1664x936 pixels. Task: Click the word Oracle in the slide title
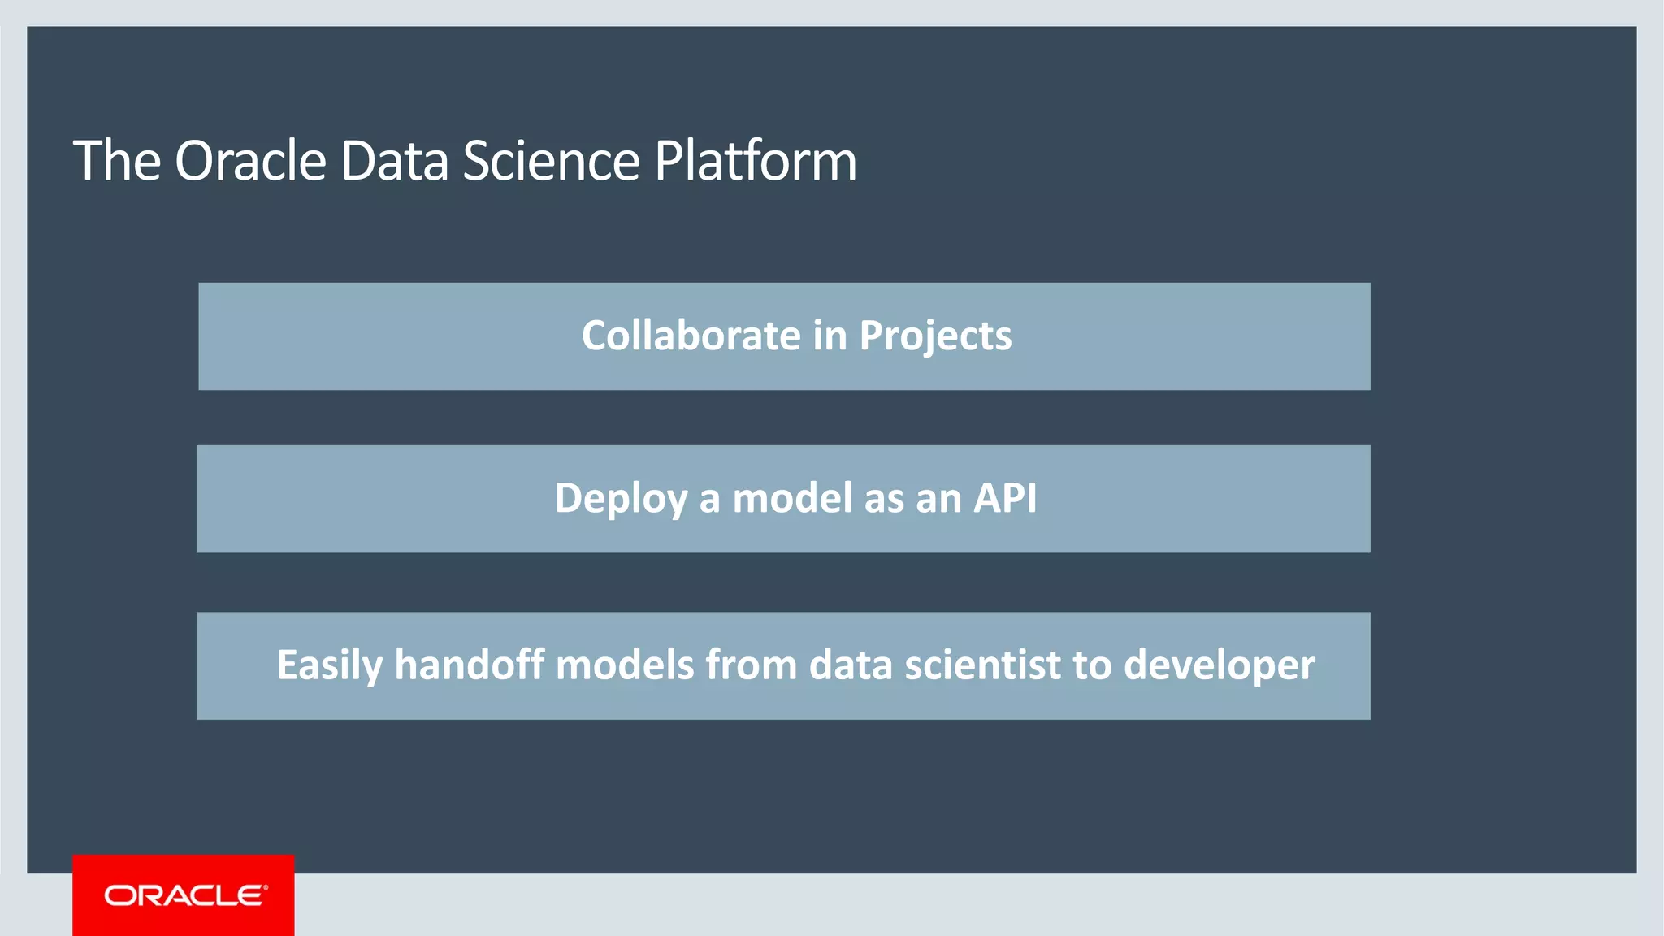point(250,161)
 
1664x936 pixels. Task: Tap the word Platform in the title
point(756,161)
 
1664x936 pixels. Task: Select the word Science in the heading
point(552,161)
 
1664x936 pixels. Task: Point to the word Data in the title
point(394,161)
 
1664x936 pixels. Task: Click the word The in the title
point(117,161)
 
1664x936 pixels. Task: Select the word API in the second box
point(1005,498)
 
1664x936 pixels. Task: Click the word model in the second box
point(792,498)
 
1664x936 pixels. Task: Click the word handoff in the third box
point(469,665)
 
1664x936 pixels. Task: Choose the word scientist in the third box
point(982,665)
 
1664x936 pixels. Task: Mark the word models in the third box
point(625,665)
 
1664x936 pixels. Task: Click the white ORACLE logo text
point(185,895)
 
